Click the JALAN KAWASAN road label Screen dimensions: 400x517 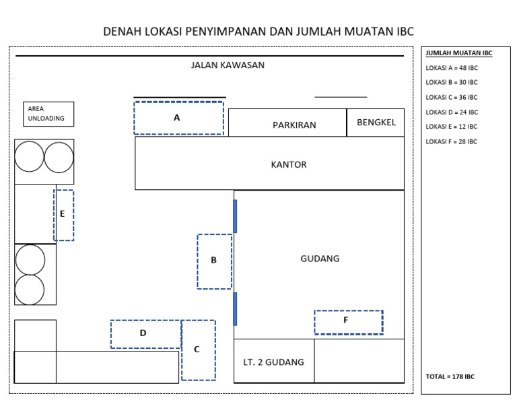click(228, 65)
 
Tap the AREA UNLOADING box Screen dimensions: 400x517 click(48, 114)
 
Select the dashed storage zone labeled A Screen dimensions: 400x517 click(178, 118)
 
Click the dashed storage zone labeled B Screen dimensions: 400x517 click(214, 261)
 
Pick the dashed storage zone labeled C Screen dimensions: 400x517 click(198, 349)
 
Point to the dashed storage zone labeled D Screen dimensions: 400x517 click(145, 334)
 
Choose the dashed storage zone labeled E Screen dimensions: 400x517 click(63, 215)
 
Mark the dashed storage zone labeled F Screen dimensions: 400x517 click(348, 322)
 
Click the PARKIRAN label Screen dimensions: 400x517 click(294, 125)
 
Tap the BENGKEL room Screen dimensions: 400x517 click(376, 123)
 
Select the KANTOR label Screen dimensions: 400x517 click(289, 164)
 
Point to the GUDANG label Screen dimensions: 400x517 click(320, 259)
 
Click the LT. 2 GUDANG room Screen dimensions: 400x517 click(273, 362)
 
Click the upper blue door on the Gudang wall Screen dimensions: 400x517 click(235, 215)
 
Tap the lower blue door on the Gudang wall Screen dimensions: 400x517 click(235, 308)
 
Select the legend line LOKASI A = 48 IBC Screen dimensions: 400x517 click(452, 67)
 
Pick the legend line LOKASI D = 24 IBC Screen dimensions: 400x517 click(452, 112)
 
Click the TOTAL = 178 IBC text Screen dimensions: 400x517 click(450, 376)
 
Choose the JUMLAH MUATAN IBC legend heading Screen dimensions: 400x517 click(458, 53)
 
